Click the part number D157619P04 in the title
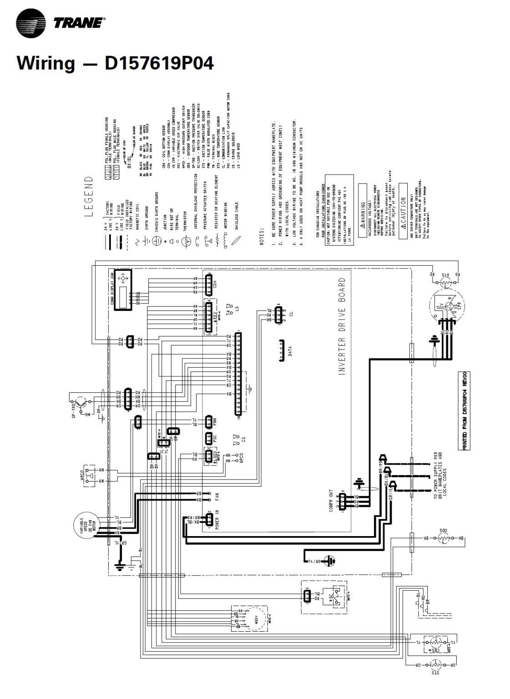159,63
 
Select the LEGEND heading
89,197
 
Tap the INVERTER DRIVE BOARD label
342,326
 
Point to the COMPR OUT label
331,501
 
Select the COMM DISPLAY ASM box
121,290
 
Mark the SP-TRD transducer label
73,410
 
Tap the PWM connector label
215,422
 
